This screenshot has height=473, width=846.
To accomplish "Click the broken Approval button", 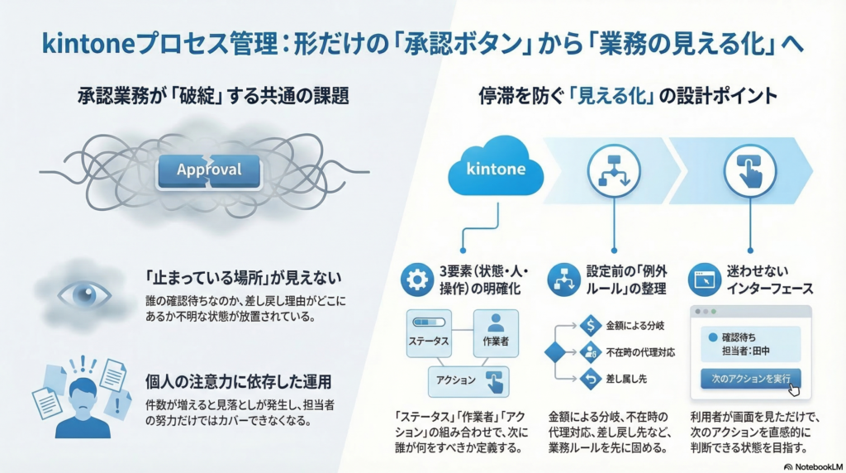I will (209, 170).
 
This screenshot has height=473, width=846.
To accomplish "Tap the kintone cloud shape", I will (497, 167).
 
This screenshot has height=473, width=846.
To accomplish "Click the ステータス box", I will (430, 333).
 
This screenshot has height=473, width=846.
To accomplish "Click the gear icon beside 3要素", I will (416, 279).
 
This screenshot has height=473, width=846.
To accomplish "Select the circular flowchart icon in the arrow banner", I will (614, 170).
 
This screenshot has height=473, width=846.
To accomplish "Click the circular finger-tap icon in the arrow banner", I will (749, 170).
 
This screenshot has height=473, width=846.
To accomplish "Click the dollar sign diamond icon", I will (589, 325).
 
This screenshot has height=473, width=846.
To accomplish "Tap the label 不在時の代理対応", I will (640, 352).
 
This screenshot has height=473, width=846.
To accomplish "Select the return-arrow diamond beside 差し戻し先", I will (589, 379).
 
